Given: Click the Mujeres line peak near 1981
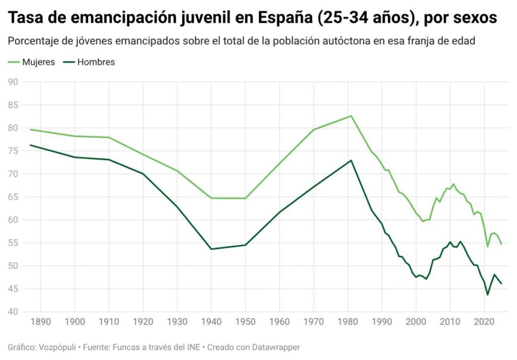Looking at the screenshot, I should [x=351, y=116].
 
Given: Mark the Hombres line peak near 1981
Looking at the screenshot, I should [x=351, y=161].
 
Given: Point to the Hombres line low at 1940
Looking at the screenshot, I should [x=211, y=249].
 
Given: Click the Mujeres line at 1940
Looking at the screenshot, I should [x=211, y=198].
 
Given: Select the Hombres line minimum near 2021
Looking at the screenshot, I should [x=488, y=295].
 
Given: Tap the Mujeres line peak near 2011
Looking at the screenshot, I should [x=453, y=184].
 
